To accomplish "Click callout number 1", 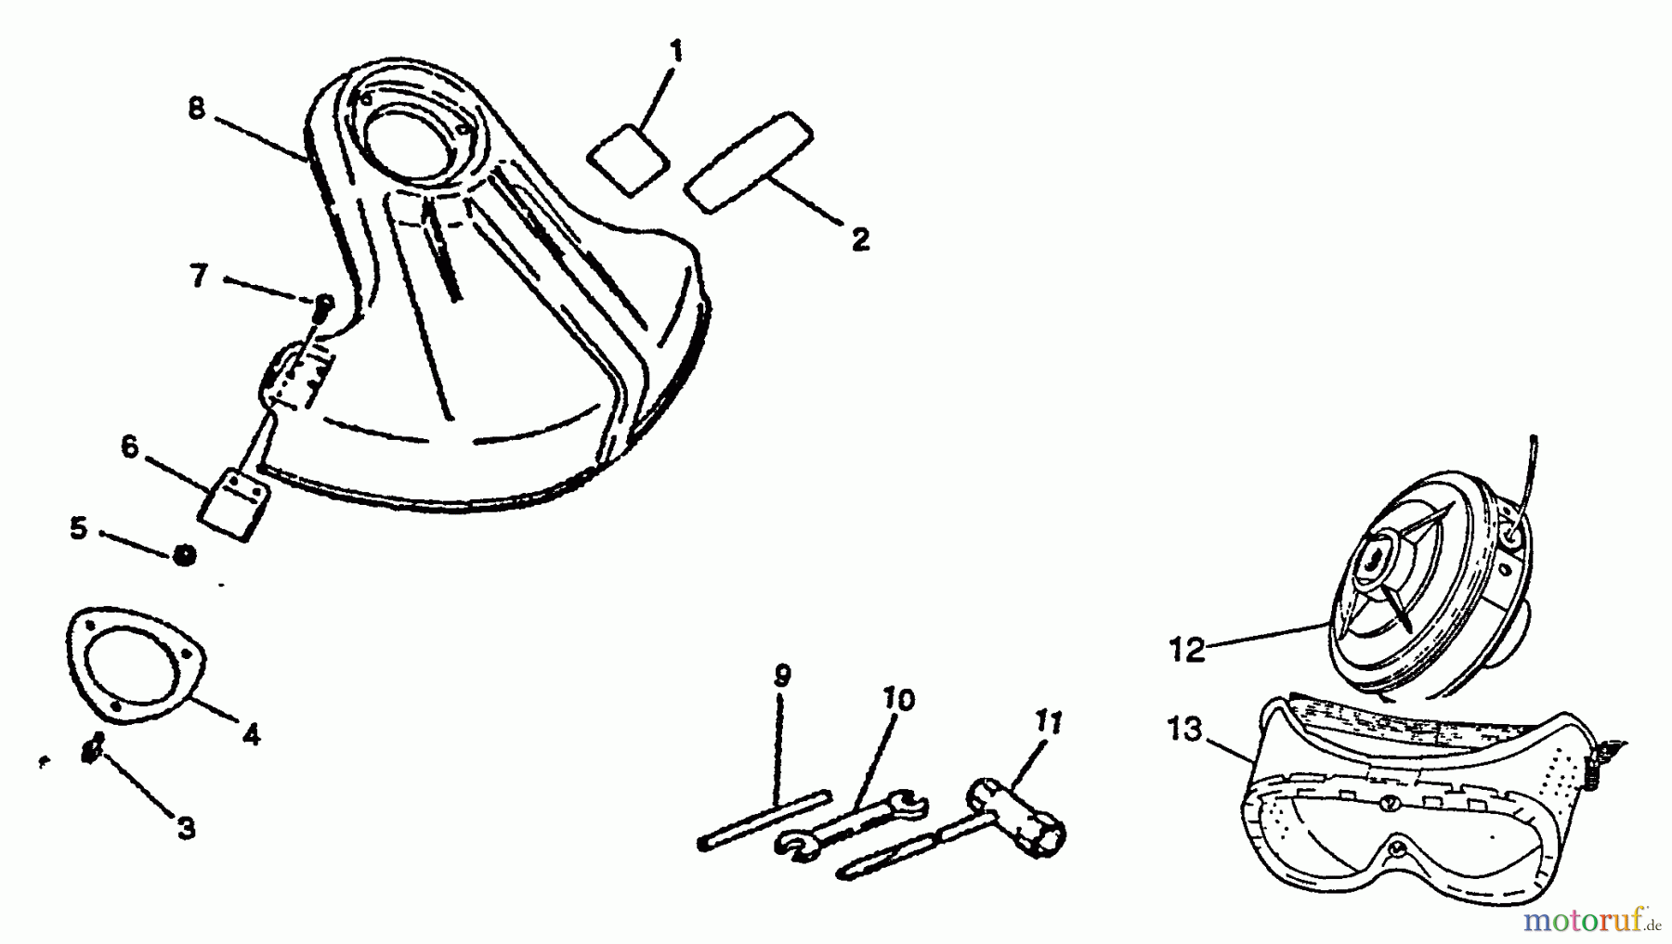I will coord(675,50).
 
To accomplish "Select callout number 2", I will coord(860,239).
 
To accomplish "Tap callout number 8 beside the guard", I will coord(196,109).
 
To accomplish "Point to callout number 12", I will coord(1187,649).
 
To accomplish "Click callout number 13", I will coord(1185,730).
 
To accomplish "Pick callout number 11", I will coord(1048,721).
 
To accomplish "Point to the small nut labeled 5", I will coord(185,555).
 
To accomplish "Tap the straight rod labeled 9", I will coord(762,819).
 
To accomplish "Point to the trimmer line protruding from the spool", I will coord(1533,464).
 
